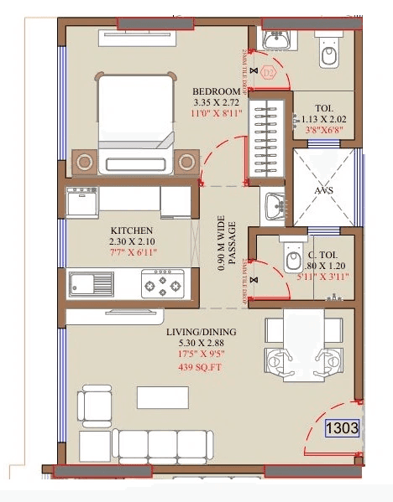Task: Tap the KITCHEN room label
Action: coord(132,230)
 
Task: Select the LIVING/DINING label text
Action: coord(202,333)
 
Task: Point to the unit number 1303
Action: coord(343,428)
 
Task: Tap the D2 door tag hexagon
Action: coord(270,73)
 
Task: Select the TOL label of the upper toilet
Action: coord(324,108)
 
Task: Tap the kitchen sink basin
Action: coord(83,284)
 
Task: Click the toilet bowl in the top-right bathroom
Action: coord(329,54)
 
